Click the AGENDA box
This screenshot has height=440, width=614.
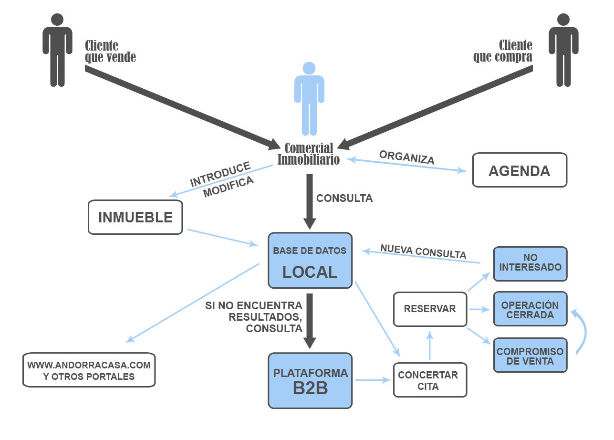coord(519,170)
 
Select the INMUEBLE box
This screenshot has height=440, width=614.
coord(135,217)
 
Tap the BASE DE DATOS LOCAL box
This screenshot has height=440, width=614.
coord(310,261)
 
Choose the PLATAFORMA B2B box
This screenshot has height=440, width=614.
coord(310,380)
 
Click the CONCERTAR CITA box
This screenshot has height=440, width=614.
coord(429,380)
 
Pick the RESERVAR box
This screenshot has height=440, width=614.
coord(429,309)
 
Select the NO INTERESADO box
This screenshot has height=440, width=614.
coord(530,263)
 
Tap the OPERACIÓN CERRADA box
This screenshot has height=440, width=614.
coord(530,309)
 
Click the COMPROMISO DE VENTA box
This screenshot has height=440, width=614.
coord(530,356)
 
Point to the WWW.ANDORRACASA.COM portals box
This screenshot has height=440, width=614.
coord(89,370)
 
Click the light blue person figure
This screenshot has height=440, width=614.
coord(309,98)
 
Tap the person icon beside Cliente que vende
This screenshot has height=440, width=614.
coord(57,50)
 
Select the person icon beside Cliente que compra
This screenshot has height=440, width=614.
coord(563,50)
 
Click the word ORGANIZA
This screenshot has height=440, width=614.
coord(406,157)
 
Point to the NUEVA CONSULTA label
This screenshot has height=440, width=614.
coord(423,251)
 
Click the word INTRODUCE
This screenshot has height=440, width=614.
coord(220,174)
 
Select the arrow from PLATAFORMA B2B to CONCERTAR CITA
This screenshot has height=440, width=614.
coord(372,380)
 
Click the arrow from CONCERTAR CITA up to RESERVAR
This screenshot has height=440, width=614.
coord(430,346)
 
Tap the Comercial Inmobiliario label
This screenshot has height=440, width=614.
coord(309,154)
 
